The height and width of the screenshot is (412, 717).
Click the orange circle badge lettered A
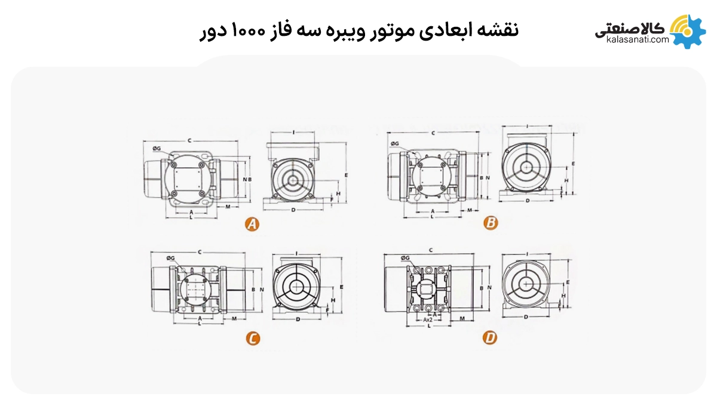point(252,225)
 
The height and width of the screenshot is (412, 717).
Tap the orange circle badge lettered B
point(491,223)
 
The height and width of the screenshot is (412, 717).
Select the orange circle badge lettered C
point(253,339)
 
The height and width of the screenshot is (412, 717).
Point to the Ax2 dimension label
point(428,319)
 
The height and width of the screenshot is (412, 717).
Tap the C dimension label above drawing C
point(198,251)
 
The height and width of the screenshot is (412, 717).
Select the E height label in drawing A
point(347,174)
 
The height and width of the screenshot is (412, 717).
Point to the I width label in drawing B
point(528,126)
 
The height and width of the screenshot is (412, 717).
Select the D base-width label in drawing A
point(293,211)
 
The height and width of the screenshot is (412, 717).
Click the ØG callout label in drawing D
point(405,258)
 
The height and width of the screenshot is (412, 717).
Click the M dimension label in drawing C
point(234,318)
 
